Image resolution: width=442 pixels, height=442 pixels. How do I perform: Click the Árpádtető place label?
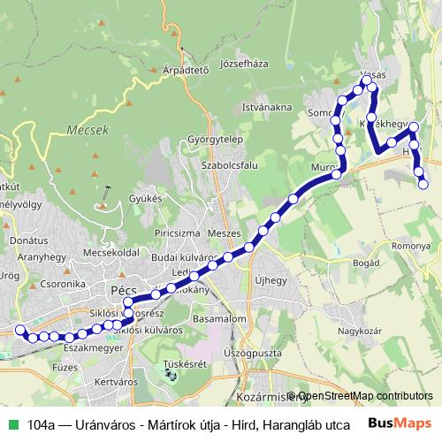[186, 69]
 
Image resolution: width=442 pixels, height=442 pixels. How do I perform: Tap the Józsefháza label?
[243, 64]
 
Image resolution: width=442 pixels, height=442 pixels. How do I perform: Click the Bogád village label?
[366, 263]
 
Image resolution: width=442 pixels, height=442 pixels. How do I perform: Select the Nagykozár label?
[363, 332]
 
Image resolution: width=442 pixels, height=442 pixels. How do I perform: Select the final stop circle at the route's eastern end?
[423, 184]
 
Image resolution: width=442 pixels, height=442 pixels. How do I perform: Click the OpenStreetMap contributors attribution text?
[364, 396]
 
